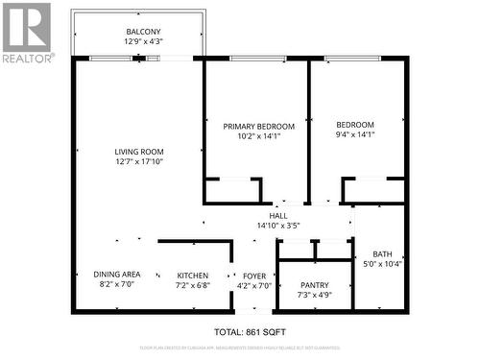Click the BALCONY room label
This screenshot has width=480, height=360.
(142, 32)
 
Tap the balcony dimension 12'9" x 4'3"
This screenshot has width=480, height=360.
(142, 42)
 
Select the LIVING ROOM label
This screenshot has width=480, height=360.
(139, 152)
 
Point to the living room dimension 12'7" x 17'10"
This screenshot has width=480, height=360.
(139, 162)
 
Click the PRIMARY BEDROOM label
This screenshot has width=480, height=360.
(258, 126)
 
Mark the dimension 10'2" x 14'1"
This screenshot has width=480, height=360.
(258, 136)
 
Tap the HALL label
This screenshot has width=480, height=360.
(279, 216)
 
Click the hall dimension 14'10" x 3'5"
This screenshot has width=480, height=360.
(279, 226)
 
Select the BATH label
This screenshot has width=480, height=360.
(382, 254)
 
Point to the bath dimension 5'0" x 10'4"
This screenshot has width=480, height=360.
(382, 264)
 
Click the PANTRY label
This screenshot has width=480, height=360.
(314, 285)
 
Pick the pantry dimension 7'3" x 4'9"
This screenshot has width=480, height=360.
(314, 295)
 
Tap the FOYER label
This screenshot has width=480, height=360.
(253, 275)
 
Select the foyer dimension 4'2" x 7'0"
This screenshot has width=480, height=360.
(253, 285)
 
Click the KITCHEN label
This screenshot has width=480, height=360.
(192, 275)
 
